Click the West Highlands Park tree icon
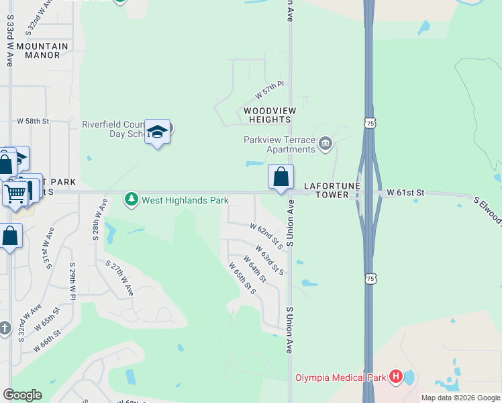coord(132,199)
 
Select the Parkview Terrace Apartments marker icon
coord(325,143)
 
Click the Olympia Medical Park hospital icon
coord(396,377)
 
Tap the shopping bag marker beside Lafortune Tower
coord(281,177)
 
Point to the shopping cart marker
coord(15,193)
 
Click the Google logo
coord(22,395)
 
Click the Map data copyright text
coord(460,398)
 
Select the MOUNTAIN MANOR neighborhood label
coord(42,50)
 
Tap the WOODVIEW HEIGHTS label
coord(267,114)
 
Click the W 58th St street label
coord(34,120)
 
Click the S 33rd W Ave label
coord(9,42)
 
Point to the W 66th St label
coord(49,340)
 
